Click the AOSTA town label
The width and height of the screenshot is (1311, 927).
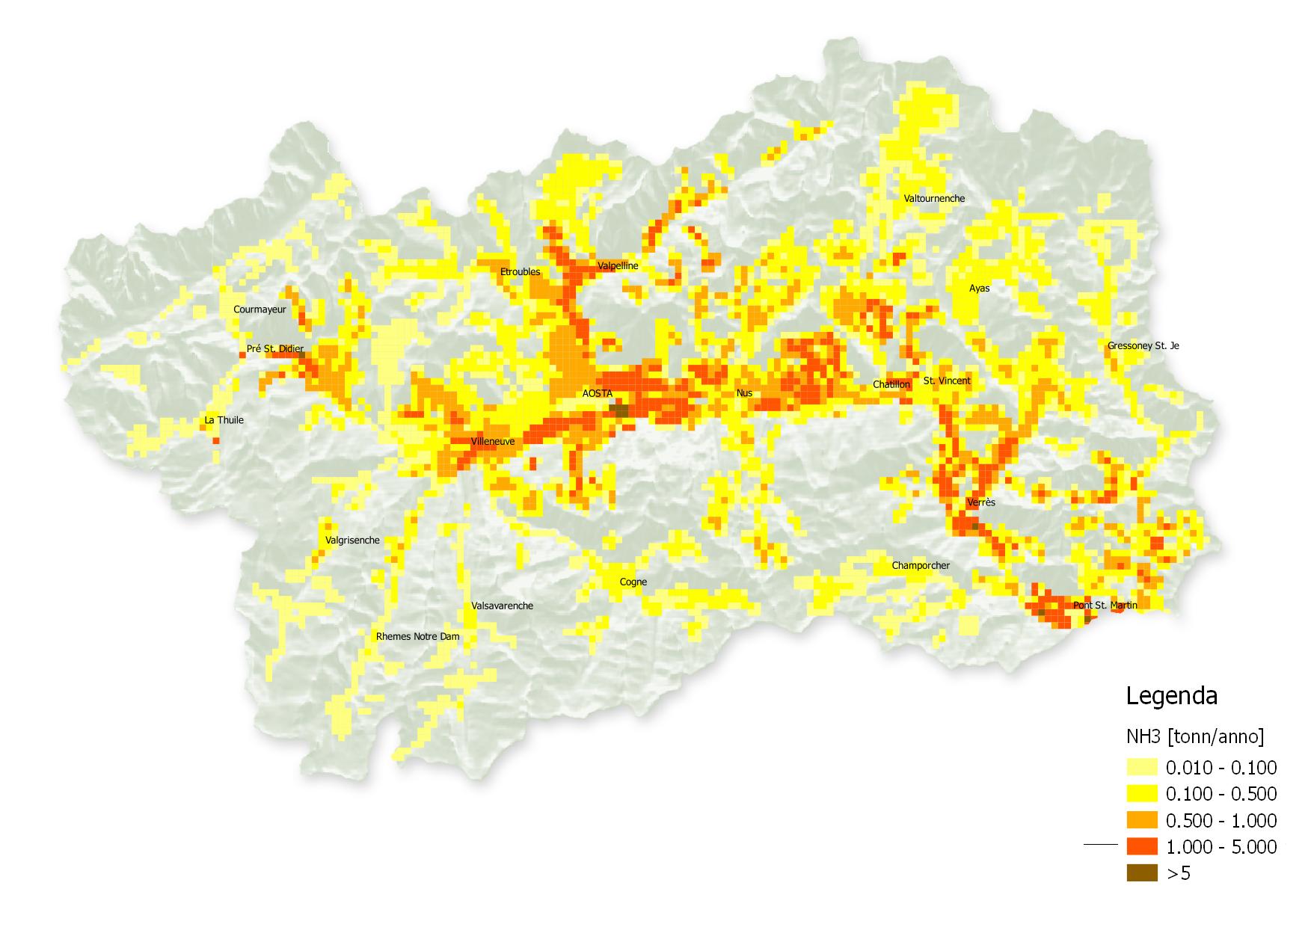pos(597,393)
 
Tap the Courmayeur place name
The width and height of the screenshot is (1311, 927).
pos(260,309)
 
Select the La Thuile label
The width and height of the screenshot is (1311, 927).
pos(224,420)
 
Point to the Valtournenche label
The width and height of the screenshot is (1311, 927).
pos(934,199)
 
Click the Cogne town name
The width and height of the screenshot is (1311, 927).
pos(633,582)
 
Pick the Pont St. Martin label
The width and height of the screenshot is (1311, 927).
pos(1105,606)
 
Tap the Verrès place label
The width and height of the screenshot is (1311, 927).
pos(980,502)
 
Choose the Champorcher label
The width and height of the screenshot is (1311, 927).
pos(921,566)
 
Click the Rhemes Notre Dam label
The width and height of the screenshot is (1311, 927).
pos(417,637)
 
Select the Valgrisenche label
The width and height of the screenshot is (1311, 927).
pos(352,541)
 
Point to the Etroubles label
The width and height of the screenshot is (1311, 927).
pos(520,272)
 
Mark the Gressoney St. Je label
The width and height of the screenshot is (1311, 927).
pos(1143,346)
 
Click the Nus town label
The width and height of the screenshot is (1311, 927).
pos(744,393)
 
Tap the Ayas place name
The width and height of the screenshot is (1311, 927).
pos(979,289)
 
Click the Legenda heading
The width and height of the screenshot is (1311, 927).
pos(1171,696)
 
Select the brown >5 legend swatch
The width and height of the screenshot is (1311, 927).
pos(1141,872)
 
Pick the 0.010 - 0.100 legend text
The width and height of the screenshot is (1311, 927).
pos(1221,768)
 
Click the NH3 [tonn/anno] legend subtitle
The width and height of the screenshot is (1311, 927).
pos(1194,736)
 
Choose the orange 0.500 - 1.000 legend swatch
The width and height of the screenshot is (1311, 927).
pos(1141,820)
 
